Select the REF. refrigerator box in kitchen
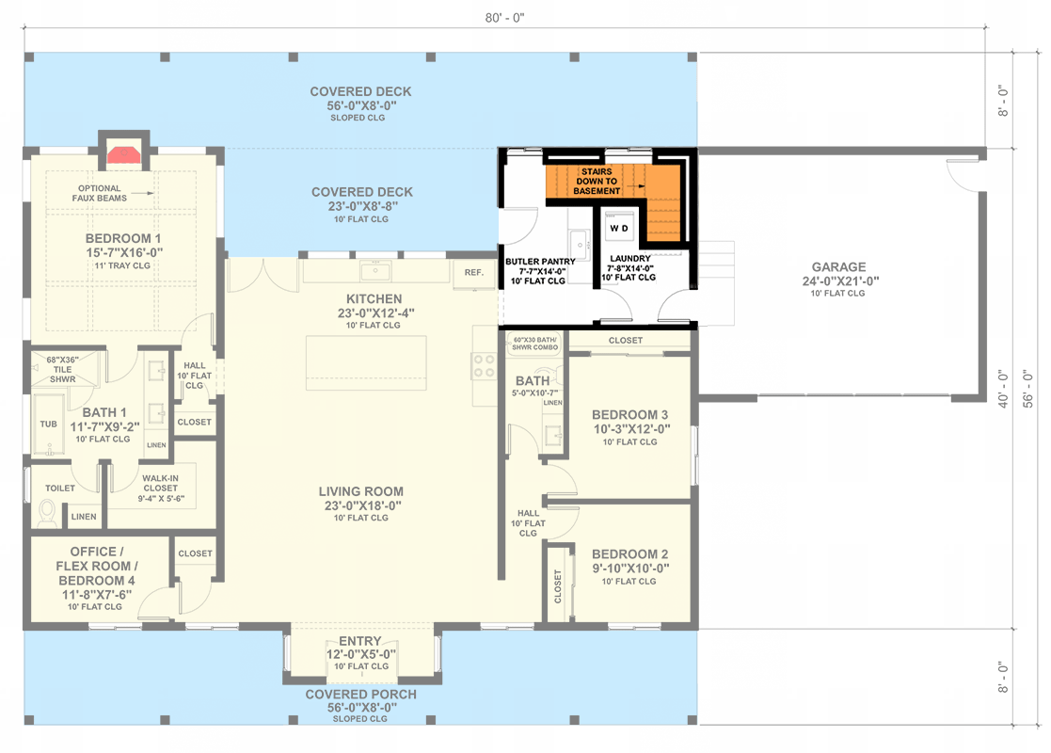point(472,272)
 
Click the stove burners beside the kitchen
point(484,365)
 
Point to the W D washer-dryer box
point(619,229)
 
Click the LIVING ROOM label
point(360,491)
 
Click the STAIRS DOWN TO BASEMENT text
point(597,182)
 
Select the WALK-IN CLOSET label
point(160,483)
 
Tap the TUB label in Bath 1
point(48,424)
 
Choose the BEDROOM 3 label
point(629,415)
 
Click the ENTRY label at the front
point(360,642)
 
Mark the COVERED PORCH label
point(360,695)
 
